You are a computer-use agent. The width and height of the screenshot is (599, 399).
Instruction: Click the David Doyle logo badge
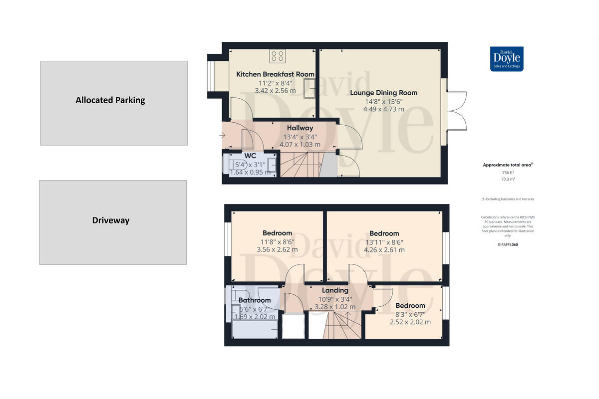pyautogui.click(x=506, y=59)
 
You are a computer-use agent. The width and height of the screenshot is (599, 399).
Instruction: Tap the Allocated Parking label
pyautogui.click(x=110, y=100)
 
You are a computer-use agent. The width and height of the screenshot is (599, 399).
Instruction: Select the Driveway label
pyautogui.click(x=110, y=220)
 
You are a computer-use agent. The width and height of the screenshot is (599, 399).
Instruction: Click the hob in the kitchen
pyautogui.click(x=278, y=56)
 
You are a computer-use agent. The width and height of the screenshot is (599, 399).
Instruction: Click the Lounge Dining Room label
pyautogui.click(x=383, y=93)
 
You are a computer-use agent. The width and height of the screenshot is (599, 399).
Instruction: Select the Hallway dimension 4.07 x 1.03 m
pyautogui.click(x=299, y=145)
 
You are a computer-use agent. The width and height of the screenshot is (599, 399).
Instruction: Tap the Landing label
pyautogui.click(x=335, y=290)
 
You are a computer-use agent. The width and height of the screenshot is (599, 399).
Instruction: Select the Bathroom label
pyautogui.click(x=255, y=300)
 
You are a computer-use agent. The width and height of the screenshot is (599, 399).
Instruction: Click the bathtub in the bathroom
pyautogui.click(x=255, y=330)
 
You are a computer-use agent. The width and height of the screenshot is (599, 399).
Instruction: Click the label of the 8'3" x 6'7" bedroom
pyautogui.click(x=410, y=306)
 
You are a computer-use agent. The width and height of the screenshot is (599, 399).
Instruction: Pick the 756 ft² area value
pyautogui.click(x=508, y=172)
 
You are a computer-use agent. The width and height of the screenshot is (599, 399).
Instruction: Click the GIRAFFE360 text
pyautogui.click(x=508, y=245)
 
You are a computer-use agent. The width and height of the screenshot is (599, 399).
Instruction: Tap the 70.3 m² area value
pyautogui.click(x=508, y=179)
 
